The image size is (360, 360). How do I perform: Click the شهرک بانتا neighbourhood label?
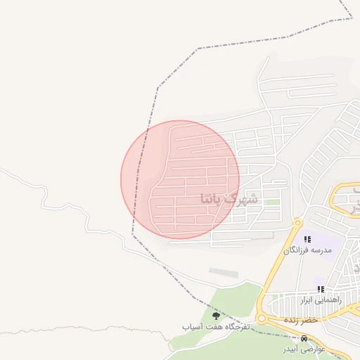click(x=229, y=198)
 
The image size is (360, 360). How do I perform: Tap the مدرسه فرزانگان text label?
click(x=307, y=250)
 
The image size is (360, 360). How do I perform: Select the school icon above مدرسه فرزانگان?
click(x=307, y=240)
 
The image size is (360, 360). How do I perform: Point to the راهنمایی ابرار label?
click(x=321, y=300)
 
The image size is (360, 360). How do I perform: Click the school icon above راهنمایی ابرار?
click(x=321, y=289)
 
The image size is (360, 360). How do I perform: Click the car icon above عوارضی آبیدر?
click(x=304, y=338)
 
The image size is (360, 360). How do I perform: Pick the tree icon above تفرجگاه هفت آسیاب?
click(x=215, y=316)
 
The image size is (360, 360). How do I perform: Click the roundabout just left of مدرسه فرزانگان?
click(x=298, y=223)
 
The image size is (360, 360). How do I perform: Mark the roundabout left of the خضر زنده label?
click(x=262, y=319)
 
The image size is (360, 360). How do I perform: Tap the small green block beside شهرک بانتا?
click(x=271, y=202)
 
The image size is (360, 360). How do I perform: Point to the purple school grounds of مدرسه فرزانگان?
click(x=325, y=244)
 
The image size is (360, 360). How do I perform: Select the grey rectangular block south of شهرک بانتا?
click(x=224, y=272)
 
